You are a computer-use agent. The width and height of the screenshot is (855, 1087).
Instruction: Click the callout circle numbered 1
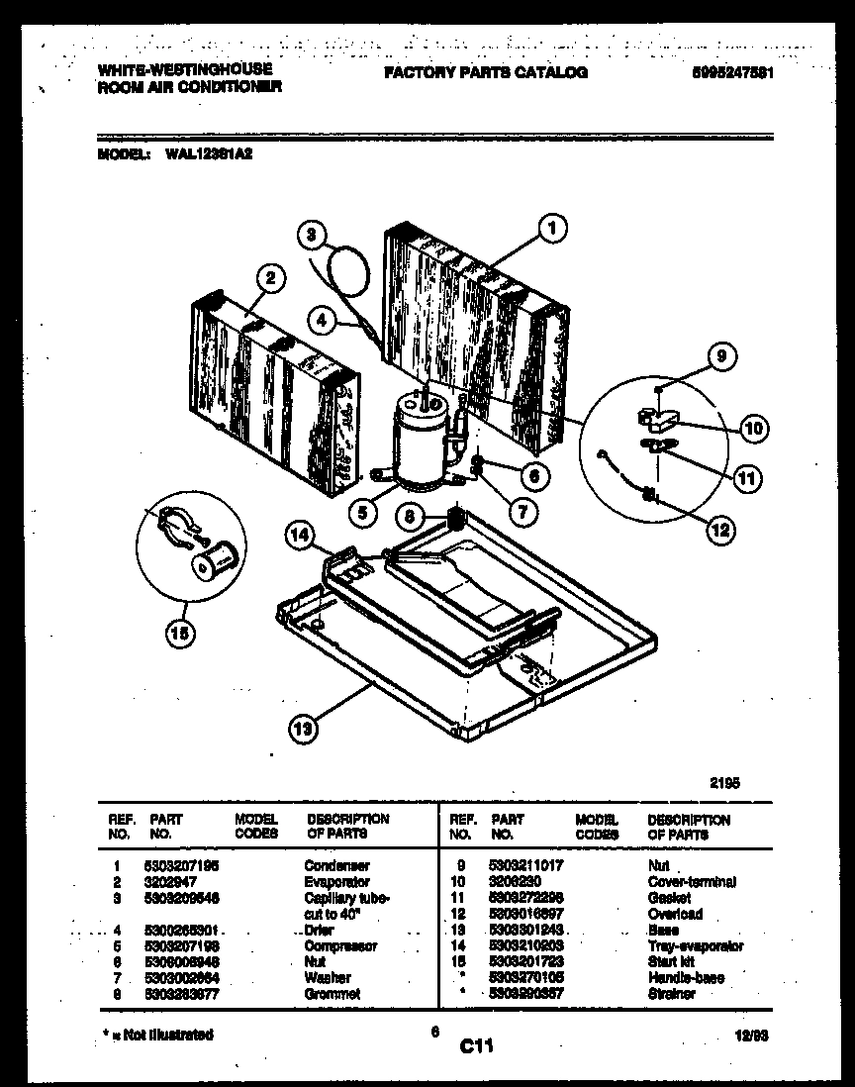coord(552,230)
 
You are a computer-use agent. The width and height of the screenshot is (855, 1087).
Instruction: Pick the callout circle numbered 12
coord(720,530)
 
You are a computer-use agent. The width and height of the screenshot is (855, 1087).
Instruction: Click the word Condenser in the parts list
coord(336,865)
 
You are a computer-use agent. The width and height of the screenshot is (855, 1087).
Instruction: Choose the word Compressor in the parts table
coord(341,945)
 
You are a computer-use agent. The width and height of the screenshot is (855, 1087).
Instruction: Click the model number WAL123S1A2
coord(202,154)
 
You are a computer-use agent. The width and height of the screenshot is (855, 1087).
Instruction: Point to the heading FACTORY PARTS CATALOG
coord(485,72)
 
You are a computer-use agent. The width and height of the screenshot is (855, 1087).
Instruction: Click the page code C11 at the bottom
coord(476,1044)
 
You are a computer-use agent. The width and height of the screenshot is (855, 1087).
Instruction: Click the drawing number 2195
coord(724,781)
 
